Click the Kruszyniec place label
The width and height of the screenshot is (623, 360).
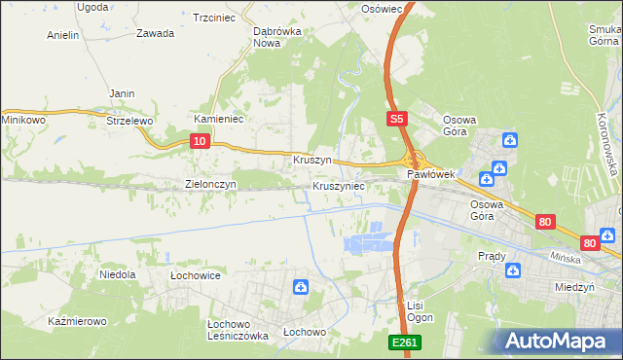[339, 185]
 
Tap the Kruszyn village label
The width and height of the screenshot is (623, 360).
[312, 159]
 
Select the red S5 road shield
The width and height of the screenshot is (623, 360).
[394, 119]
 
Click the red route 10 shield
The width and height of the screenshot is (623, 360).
[199, 141]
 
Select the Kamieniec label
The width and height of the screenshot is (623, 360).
[218, 119]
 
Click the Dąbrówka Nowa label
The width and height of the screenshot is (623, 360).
[275, 37]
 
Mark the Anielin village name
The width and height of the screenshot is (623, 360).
[62, 35]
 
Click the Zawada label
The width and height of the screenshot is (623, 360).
[156, 33]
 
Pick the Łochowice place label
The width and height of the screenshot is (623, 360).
[195, 276]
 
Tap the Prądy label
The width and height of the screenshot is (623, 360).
[492, 256]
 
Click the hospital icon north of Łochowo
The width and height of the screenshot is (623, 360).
[301, 287]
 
